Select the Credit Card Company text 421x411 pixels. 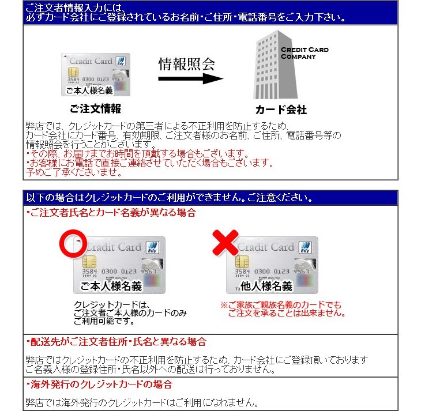click(x=304, y=53)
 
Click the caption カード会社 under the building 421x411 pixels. click(x=281, y=110)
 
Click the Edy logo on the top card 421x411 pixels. click(x=121, y=62)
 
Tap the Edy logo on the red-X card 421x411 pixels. click(x=304, y=247)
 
